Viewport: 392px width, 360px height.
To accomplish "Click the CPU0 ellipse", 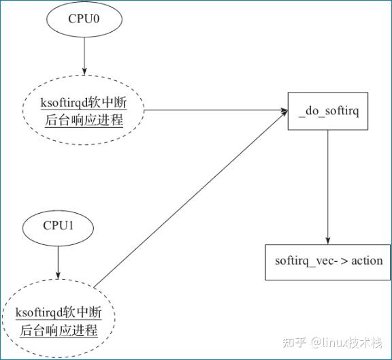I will pos(84,19).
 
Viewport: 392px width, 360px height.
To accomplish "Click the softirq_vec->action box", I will pos(328,261).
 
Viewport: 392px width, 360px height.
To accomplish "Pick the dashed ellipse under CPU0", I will pos(84,111).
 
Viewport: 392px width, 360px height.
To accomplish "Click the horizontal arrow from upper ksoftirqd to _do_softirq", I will pos(214,110).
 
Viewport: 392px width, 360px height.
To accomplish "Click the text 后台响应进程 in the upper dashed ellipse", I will pos(83,121).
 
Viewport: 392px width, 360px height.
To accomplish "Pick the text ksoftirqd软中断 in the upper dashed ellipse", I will pos(83,103).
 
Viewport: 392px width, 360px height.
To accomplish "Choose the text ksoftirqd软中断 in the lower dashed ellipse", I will pos(58,313).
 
